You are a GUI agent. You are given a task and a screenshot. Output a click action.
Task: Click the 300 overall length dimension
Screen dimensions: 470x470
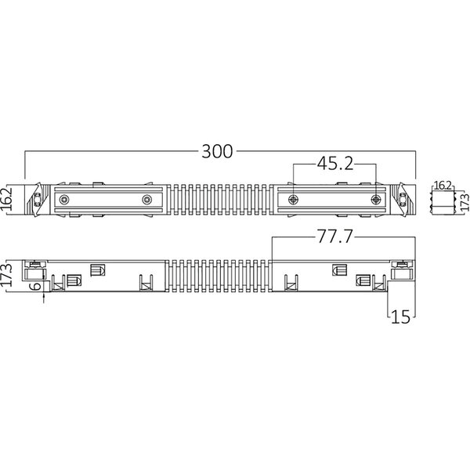pyautogui.click(x=217, y=153)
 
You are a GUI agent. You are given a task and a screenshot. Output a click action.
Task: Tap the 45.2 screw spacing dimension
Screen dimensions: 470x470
pyautogui.click(x=335, y=164)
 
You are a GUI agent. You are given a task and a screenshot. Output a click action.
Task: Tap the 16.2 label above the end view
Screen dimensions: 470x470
pyautogui.click(x=443, y=185)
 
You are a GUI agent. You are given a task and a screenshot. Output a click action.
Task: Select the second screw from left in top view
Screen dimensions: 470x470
pyautogui.click(x=146, y=200)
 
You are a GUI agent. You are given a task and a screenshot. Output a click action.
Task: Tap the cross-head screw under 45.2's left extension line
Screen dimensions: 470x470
pyautogui.click(x=293, y=200)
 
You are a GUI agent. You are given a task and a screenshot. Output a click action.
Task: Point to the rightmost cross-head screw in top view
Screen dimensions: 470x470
pyautogui.click(x=378, y=200)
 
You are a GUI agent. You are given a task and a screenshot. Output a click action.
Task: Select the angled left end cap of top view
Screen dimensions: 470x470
pyautogui.click(x=35, y=200)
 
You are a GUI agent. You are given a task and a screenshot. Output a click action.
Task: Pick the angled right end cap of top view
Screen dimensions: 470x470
pyautogui.click(x=403, y=200)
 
